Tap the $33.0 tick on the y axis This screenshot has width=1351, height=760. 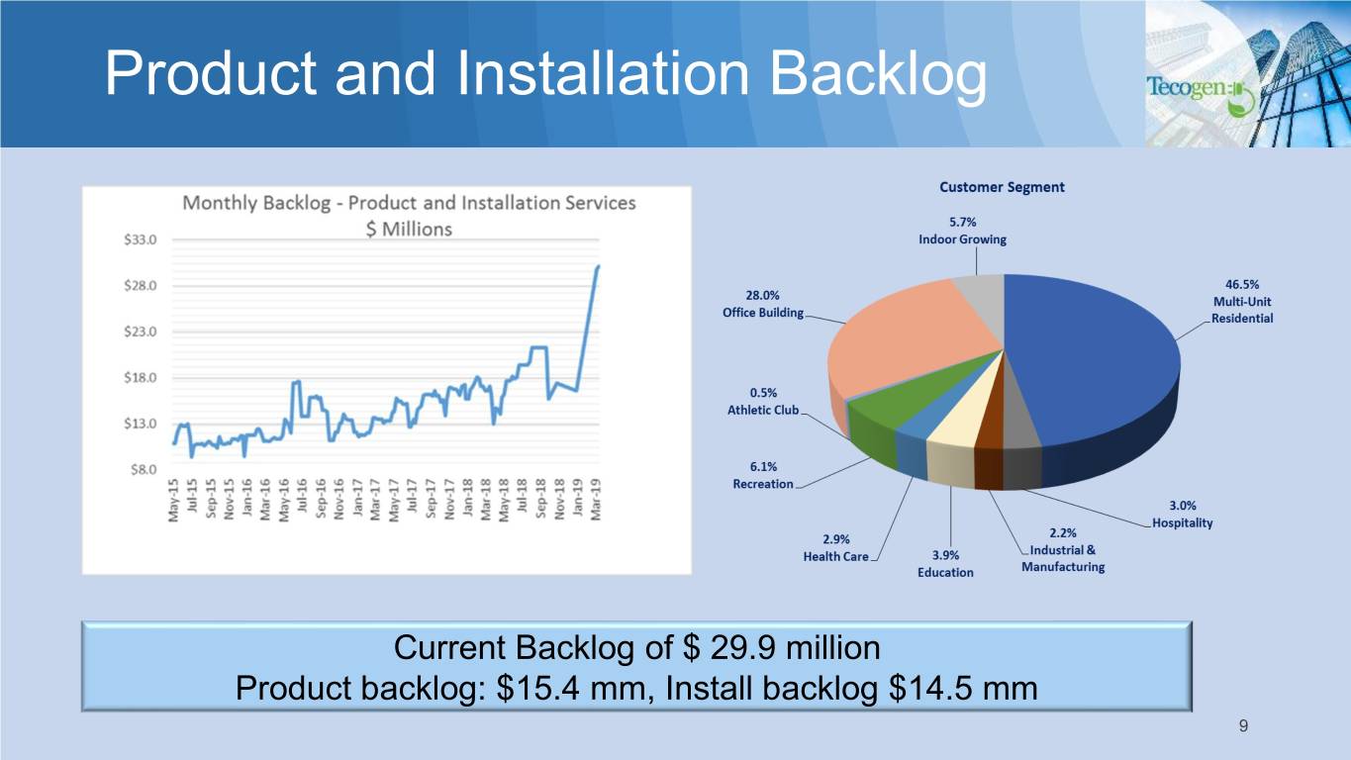click(x=140, y=240)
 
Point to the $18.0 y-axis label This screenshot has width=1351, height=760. click(x=140, y=378)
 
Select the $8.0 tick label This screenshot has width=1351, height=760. click(x=144, y=469)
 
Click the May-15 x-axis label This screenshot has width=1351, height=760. click(x=174, y=500)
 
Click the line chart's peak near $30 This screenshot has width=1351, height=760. click(x=598, y=266)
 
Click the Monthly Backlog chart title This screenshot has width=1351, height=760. click(x=409, y=216)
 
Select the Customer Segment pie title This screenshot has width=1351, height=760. click(x=1002, y=187)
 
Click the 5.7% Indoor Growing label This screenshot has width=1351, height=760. click(x=963, y=231)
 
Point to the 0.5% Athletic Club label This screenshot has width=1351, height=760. click(x=763, y=401)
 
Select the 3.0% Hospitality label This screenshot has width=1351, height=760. click(x=1182, y=515)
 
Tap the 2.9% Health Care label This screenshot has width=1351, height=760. click(x=836, y=547)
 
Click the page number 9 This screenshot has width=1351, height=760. click(x=1243, y=726)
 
